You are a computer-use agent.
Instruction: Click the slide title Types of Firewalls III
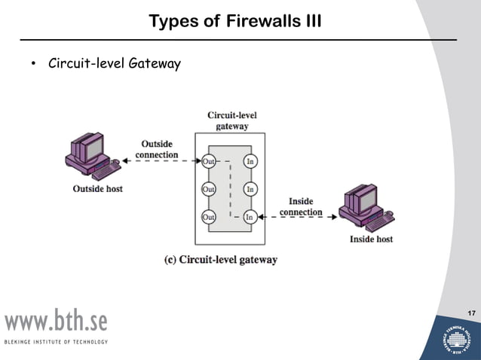(x=235, y=20)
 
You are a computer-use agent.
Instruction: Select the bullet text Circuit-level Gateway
(x=114, y=64)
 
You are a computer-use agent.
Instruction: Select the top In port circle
(x=250, y=160)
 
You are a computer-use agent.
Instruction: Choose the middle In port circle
(x=250, y=188)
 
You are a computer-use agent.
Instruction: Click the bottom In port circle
(x=250, y=217)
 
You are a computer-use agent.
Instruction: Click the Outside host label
(x=98, y=188)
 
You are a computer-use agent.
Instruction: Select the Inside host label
(x=371, y=239)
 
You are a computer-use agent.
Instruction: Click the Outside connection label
(x=157, y=149)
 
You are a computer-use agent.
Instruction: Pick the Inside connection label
(x=301, y=206)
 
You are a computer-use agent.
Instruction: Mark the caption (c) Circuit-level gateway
(x=221, y=260)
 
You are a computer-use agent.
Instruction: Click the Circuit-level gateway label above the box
(x=232, y=121)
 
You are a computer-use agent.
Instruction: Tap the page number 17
(x=471, y=313)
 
